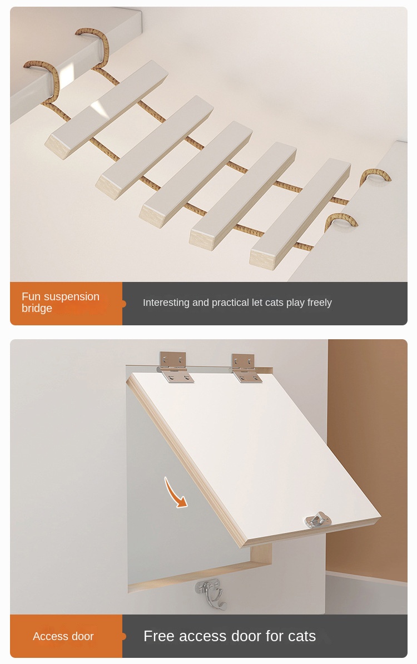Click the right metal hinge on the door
tap(246, 368)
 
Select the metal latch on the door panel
tap(317, 521)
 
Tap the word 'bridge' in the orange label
tap(37, 309)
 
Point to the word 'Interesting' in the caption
tap(166, 303)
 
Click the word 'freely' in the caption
tap(319, 303)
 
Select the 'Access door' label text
tap(63, 636)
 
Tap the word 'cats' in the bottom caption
tap(301, 636)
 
